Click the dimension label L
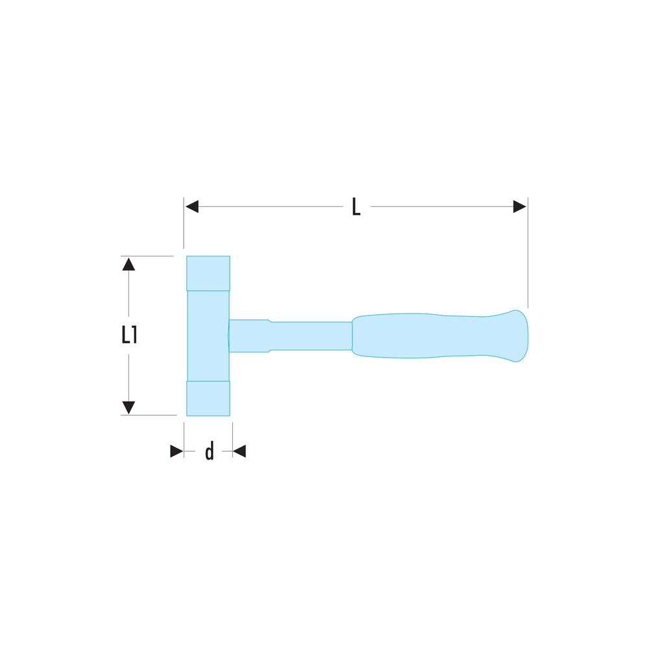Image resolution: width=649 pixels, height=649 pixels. click(356, 207)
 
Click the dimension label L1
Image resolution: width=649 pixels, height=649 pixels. click(129, 335)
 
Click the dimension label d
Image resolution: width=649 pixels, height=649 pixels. click(209, 451)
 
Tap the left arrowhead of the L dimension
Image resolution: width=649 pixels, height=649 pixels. click(191, 206)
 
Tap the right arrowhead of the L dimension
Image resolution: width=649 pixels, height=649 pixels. click(519, 206)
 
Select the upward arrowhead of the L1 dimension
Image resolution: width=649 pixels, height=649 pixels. click(129, 263)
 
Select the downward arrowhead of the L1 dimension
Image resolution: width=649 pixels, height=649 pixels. click(129, 408)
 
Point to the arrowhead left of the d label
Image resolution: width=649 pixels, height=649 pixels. click(177, 451)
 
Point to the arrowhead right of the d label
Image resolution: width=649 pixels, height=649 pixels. click(239, 451)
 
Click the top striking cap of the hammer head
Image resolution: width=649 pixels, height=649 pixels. click(208, 273)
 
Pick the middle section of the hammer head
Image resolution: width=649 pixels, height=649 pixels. click(208, 336)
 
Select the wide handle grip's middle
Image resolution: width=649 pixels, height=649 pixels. click(422, 336)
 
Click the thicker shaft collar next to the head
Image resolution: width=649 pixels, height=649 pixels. click(250, 336)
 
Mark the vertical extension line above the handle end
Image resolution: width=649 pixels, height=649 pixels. click(528, 260)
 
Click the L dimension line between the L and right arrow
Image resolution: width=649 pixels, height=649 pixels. click(441, 206)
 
